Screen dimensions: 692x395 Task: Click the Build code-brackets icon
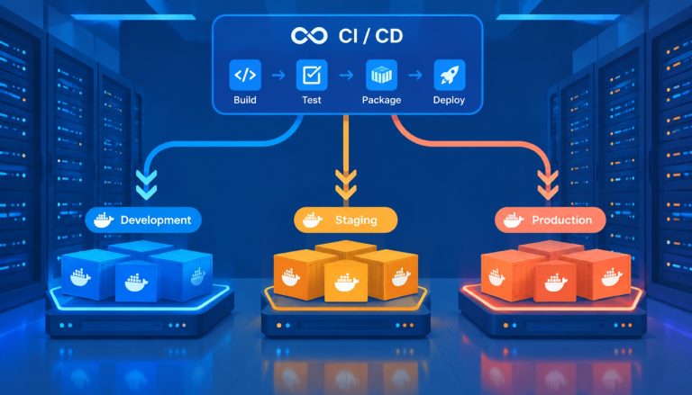(245, 75)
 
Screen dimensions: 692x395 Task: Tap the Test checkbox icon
(312, 75)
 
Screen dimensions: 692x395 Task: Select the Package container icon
(381, 75)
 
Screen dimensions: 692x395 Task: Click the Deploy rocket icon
(450, 75)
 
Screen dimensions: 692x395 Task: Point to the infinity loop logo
(309, 36)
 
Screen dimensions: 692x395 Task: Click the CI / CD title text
(370, 36)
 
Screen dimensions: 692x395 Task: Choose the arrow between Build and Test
(278, 76)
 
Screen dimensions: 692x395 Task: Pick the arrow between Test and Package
(346, 76)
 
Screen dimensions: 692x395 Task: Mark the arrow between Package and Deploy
(415, 76)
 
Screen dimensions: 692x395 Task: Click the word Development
(156, 220)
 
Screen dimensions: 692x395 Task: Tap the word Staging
(356, 220)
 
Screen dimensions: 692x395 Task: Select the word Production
(562, 220)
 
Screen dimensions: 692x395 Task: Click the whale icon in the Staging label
(313, 220)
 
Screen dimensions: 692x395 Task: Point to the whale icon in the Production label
(514, 220)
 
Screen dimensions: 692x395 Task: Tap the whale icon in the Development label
(104, 220)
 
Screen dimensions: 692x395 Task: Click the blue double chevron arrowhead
(147, 185)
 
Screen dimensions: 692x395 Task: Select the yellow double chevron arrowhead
(346, 185)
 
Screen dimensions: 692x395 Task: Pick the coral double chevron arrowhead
(548, 185)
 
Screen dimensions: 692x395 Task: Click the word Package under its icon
(381, 100)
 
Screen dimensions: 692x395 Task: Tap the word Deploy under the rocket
(449, 100)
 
